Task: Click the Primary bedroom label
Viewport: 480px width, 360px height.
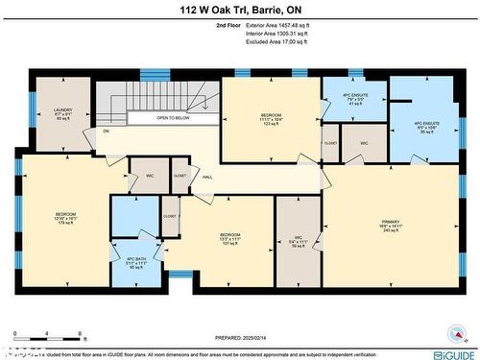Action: (390, 227)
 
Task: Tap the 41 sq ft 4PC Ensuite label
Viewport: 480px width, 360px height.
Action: (354, 100)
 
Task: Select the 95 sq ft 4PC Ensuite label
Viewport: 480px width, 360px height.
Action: (424, 127)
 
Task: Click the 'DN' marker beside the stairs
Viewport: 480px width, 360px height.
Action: (107, 131)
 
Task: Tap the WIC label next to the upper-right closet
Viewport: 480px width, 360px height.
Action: (365, 143)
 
